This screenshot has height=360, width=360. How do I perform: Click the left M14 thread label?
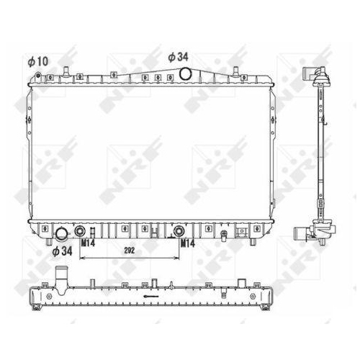pyautogui.click(x=88, y=243)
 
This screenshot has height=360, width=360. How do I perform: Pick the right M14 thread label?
pyautogui.click(x=187, y=243)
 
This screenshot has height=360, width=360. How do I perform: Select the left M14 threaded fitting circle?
pyautogui.click(x=80, y=231)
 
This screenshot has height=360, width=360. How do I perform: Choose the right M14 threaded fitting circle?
pyautogui.click(x=179, y=231)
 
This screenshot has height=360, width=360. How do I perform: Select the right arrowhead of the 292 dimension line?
pyautogui.click(x=178, y=257)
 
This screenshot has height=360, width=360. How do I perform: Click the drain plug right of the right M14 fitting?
pyautogui.click(x=226, y=233)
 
